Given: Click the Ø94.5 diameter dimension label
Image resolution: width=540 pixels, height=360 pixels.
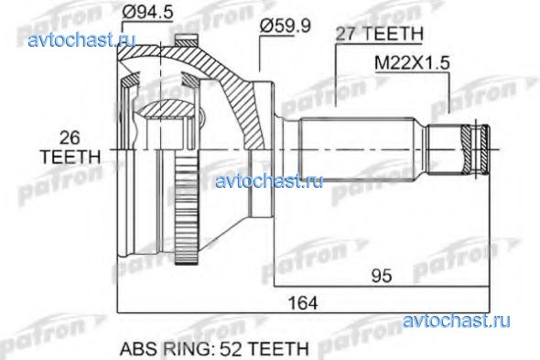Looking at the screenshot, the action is [147, 13].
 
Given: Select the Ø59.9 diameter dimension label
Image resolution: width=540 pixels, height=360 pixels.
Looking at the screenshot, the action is [285, 26].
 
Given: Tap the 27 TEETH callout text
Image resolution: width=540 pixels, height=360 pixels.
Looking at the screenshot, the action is [379, 34].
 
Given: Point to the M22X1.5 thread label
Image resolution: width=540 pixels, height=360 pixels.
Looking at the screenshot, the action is [412, 63].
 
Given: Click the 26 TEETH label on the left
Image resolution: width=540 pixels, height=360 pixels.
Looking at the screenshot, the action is [70, 147].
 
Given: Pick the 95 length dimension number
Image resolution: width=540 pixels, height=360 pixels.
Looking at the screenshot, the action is [382, 276].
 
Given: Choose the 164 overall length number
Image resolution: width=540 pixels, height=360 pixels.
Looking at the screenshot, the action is [303, 303].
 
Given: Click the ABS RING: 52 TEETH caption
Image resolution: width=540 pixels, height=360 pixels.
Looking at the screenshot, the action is [214, 349].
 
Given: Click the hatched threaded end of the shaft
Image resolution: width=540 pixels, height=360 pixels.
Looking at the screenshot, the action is [475, 149].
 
